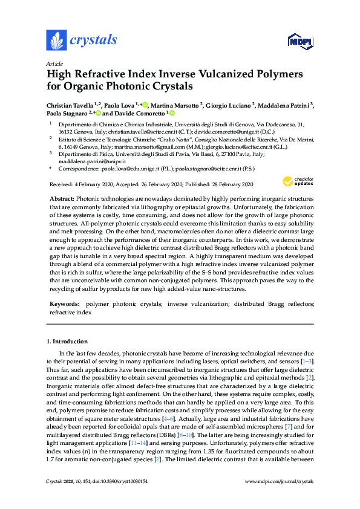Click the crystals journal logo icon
56,40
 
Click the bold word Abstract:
62,199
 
